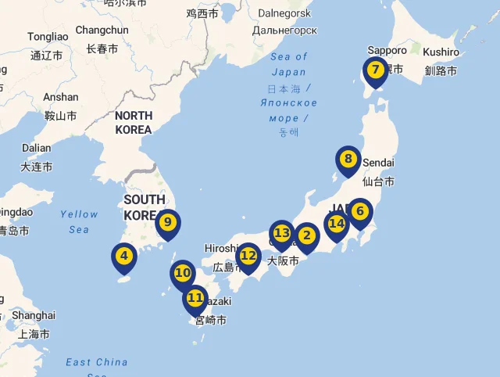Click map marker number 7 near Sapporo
click(x=375, y=70)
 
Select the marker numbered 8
click(x=348, y=160)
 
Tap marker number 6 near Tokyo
click(x=359, y=210)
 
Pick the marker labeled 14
click(x=337, y=224)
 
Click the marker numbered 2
click(x=306, y=235)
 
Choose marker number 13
click(x=282, y=233)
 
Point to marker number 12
click(x=248, y=255)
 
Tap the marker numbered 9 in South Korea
click(x=167, y=222)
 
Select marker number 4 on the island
click(x=124, y=255)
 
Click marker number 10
click(x=183, y=273)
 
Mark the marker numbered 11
click(x=195, y=297)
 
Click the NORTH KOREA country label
click(x=133, y=123)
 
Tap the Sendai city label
click(x=378, y=163)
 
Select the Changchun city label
click(x=102, y=31)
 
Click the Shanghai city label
click(x=34, y=315)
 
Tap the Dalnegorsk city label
click(x=284, y=13)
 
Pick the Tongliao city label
click(x=48, y=37)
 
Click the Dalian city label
click(x=36, y=148)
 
